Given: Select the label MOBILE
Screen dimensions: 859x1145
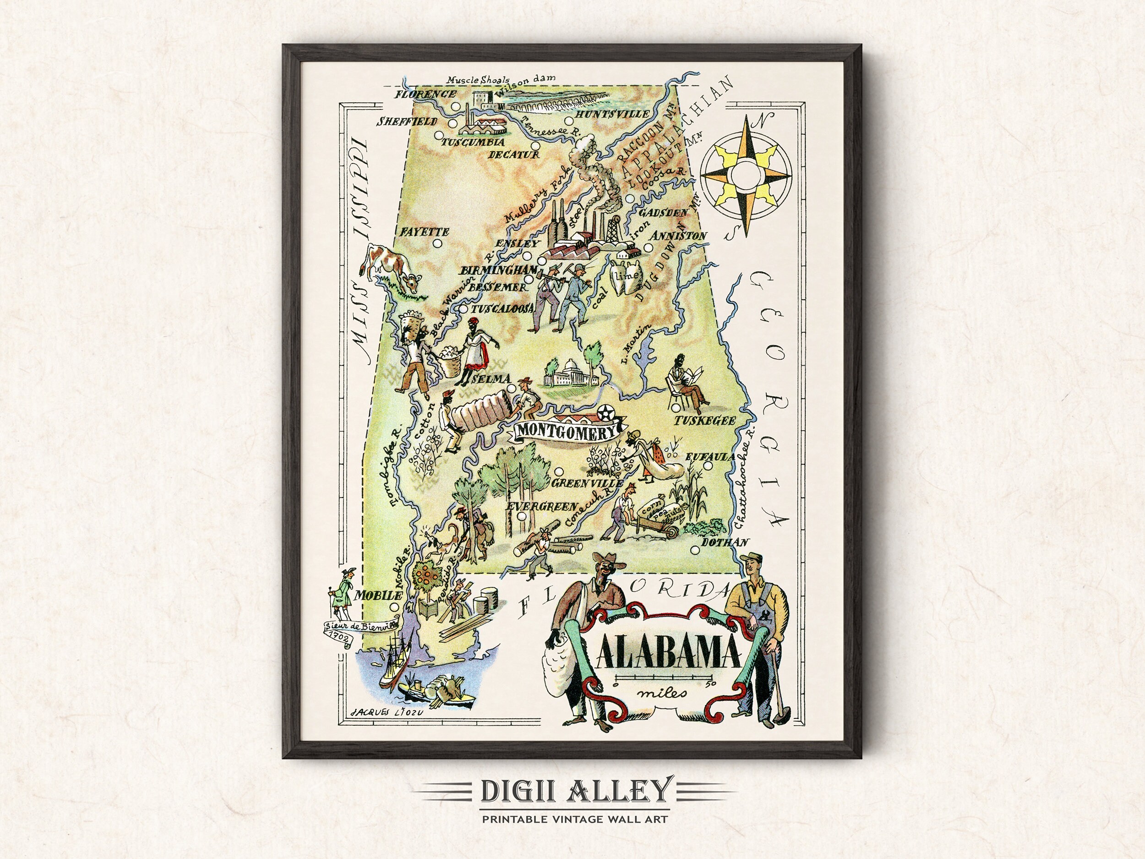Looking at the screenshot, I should click(x=377, y=596).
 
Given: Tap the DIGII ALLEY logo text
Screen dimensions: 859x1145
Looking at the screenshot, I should click(x=572, y=790).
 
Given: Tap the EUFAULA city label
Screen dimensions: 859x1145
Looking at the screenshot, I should click(x=710, y=457).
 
